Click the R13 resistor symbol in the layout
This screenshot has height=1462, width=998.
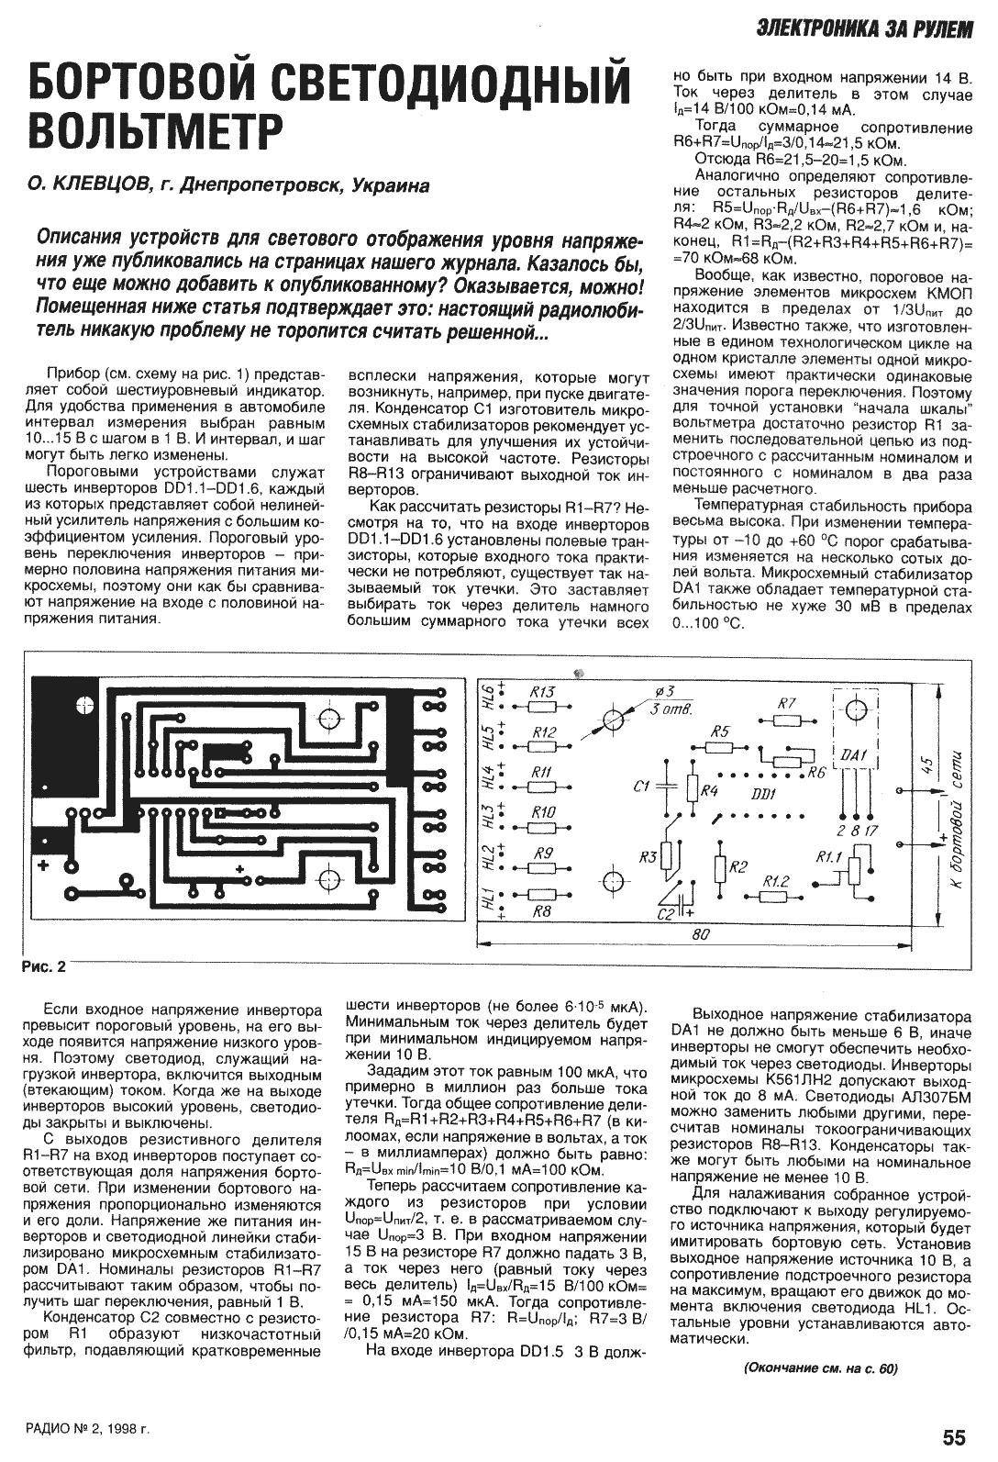coord(543,707)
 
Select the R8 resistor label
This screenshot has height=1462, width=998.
coord(542,912)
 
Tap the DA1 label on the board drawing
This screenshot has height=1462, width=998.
coord(852,754)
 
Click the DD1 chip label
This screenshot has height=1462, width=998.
coord(763,793)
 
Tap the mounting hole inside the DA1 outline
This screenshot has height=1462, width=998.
coord(855,709)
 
